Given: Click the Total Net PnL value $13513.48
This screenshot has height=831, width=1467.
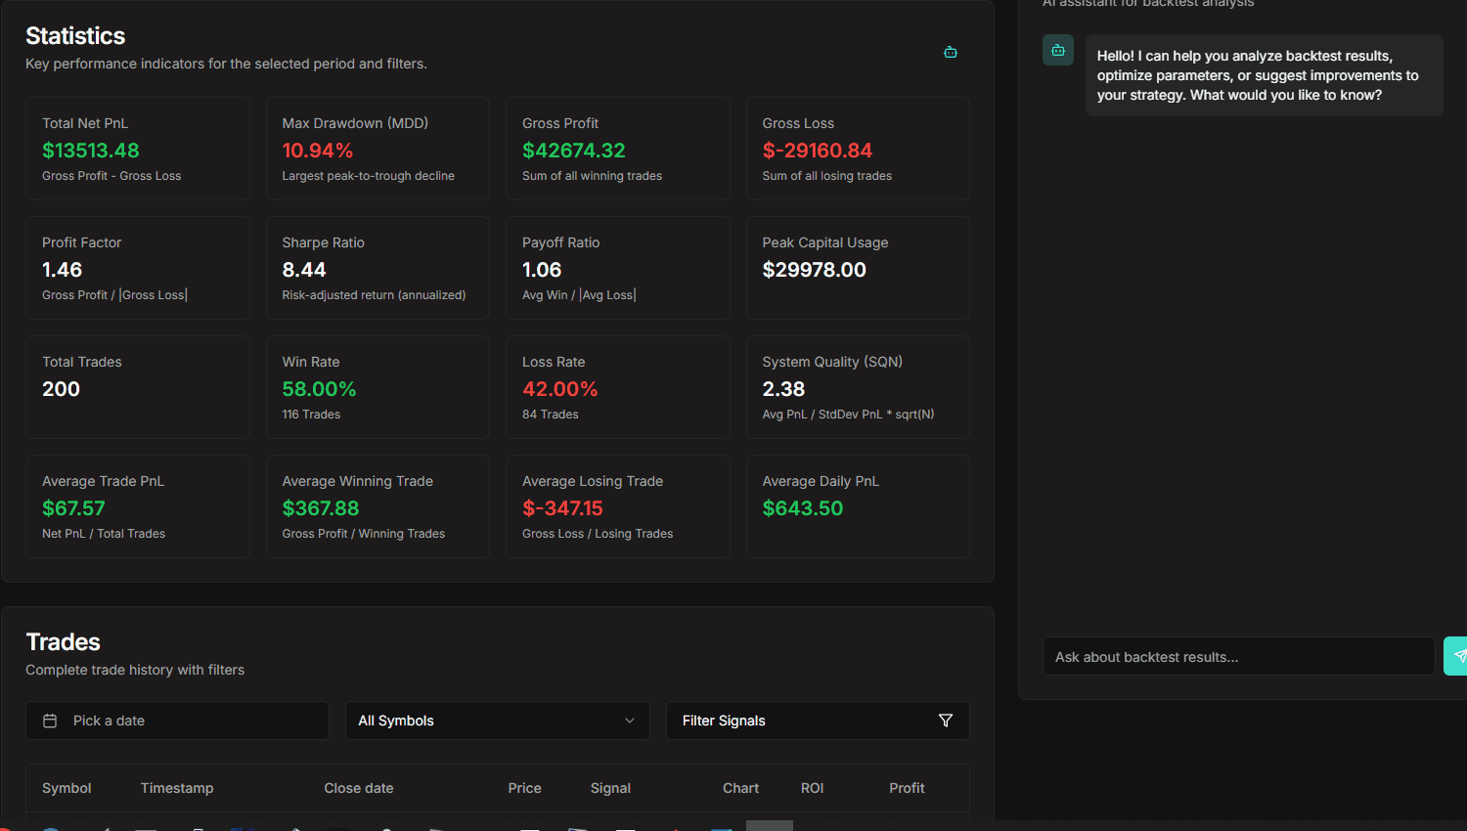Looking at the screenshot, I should coord(91,151).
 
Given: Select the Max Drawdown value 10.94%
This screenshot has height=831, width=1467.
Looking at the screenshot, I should coord(317,151).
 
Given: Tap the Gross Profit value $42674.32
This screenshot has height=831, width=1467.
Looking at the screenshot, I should coord(573,151).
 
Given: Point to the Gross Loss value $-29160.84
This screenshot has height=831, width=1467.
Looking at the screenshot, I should coord(817,151).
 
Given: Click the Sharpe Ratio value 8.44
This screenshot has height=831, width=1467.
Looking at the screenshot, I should coord(304,270).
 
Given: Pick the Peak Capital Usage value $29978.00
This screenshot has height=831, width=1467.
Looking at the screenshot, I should coord(814,270).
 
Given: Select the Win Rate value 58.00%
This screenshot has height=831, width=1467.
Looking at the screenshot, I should coord(319,389).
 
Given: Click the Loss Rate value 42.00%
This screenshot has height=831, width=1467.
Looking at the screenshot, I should coord(559,389).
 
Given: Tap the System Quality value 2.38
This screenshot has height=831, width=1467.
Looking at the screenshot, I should coord(783,389).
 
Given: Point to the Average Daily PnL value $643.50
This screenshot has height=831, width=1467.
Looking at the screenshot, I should coord(802,508).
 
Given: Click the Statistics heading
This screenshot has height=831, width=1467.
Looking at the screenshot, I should coord(75,36).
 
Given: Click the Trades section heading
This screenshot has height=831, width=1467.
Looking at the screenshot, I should coord(63,642).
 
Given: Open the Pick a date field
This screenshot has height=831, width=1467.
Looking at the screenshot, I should coord(177,721).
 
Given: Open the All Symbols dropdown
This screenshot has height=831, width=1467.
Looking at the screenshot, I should coord(497,721).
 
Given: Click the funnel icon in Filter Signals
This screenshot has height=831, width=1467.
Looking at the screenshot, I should coord(945,721).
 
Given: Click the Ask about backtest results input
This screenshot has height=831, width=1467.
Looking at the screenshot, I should coord(1238,657).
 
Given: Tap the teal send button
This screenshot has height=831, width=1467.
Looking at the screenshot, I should coord(1457,656).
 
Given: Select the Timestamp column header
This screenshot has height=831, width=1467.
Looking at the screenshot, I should coord(177,788).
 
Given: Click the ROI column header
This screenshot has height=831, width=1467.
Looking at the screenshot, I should coord(812,788).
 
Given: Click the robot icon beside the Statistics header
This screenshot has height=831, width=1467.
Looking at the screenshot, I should coord(950,52).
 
